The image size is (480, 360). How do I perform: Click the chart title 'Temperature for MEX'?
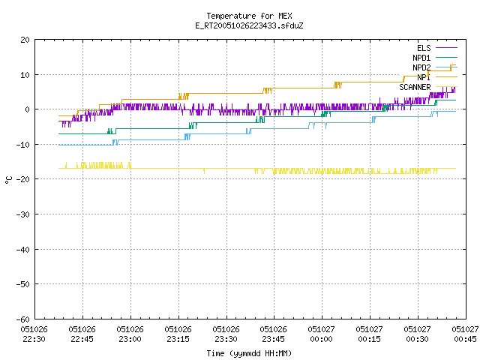point(249,16)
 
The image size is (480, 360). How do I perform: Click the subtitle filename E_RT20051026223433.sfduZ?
point(249,25)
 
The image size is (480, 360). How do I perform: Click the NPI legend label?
point(424,77)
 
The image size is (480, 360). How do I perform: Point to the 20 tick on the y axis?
point(25,40)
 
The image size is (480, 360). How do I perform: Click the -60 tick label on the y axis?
point(23,319)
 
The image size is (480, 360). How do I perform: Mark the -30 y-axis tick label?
point(23,214)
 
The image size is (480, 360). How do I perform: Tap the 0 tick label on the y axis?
point(28,109)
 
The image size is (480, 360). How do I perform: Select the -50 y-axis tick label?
point(23,284)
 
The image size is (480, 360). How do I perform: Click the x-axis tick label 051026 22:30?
point(34,334)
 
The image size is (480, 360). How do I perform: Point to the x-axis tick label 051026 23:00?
point(130,334)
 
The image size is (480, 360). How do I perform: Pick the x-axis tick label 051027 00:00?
point(322,334)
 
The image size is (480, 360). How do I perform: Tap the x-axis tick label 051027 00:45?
point(466,334)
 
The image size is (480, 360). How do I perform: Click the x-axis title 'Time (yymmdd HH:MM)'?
point(249,353)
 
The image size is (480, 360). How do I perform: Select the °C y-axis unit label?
point(8,180)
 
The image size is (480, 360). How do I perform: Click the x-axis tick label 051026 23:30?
point(226,334)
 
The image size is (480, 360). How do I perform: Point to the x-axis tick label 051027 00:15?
point(370,334)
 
